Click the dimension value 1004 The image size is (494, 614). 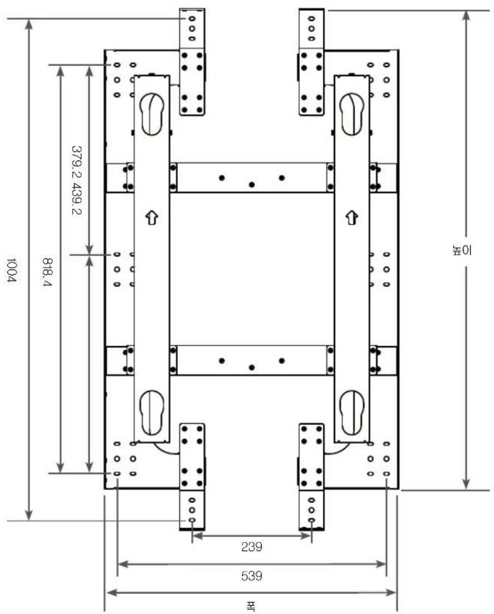point(11,270)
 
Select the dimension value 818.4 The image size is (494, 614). point(47,272)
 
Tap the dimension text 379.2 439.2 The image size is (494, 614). point(77,181)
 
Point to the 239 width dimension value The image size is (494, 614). point(252,546)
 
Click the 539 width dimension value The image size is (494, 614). point(252,575)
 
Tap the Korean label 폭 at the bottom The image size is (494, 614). point(251,606)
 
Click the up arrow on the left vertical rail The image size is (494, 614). point(152,217)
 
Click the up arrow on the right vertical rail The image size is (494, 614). point(352,217)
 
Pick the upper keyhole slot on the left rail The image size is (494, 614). point(152,114)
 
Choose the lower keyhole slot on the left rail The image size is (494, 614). point(152,413)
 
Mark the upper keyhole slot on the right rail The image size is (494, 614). point(352,114)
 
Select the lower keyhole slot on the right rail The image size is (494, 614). point(352,413)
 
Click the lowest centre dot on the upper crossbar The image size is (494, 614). point(252,184)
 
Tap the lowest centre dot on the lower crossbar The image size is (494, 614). point(252,367)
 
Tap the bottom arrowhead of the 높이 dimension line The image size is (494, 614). point(466,483)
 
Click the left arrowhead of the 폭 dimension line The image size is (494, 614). point(112,592)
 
